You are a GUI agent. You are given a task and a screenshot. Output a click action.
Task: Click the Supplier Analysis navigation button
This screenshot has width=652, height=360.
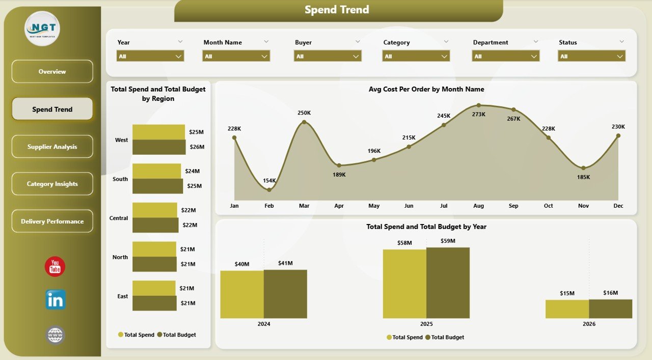pyautogui.click(x=52, y=147)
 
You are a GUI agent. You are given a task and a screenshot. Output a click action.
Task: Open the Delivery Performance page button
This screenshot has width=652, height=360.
pyautogui.click(x=52, y=221)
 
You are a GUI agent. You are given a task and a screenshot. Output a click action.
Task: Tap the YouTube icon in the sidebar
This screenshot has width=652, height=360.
pyautogui.click(x=55, y=267)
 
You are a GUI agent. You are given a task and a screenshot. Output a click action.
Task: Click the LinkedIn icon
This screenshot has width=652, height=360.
pyautogui.click(x=55, y=300)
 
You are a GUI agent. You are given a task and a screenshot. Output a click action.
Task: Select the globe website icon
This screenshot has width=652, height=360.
pyautogui.click(x=55, y=335)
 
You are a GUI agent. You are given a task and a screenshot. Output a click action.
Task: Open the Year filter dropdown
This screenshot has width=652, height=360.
pyautogui.click(x=150, y=56)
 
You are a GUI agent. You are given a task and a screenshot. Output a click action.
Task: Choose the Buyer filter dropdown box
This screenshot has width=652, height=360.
pyautogui.click(x=328, y=56)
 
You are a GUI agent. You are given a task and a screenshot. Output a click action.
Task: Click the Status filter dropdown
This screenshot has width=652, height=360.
pyautogui.click(x=591, y=56)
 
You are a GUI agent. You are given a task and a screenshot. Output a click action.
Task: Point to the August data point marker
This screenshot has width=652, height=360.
pyautogui.click(x=478, y=105)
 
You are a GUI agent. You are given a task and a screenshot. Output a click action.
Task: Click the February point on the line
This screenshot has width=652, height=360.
pyautogui.click(x=269, y=189)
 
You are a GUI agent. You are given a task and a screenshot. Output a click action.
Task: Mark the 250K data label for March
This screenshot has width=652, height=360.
pyautogui.click(x=304, y=113)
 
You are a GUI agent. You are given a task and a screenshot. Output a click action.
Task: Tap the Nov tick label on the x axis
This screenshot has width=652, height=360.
pyautogui.click(x=583, y=206)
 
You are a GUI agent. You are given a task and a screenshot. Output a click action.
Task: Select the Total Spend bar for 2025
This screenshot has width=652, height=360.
pyautogui.click(x=404, y=284)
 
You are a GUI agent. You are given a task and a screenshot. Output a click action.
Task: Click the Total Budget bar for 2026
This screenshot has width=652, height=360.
pyautogui.click(x=610, y=309)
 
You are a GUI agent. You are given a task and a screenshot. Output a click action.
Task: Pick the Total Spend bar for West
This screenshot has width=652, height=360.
pyautogui.click(x=158, y=132)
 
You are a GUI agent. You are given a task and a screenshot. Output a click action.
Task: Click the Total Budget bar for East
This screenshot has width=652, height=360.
pyautogui.click(x=154, y=303)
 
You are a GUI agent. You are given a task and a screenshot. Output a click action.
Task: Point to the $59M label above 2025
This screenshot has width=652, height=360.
pyautogui.click(x=448, y=241)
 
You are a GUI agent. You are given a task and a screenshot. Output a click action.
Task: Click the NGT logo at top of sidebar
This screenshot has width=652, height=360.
pyautogui.click(x=42, y=29)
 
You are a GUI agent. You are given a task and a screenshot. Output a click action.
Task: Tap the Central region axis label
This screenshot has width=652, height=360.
pyautogui.click(x=119, y=218)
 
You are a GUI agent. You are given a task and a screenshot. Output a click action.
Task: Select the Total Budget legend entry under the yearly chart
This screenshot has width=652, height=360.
pyautogui.click(x=444, y=337)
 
